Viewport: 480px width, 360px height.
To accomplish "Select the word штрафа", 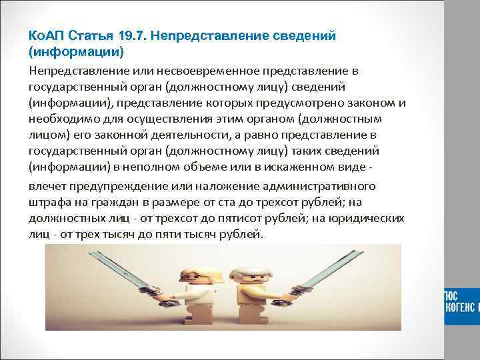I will pyautogui.click(x=49, y=201).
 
